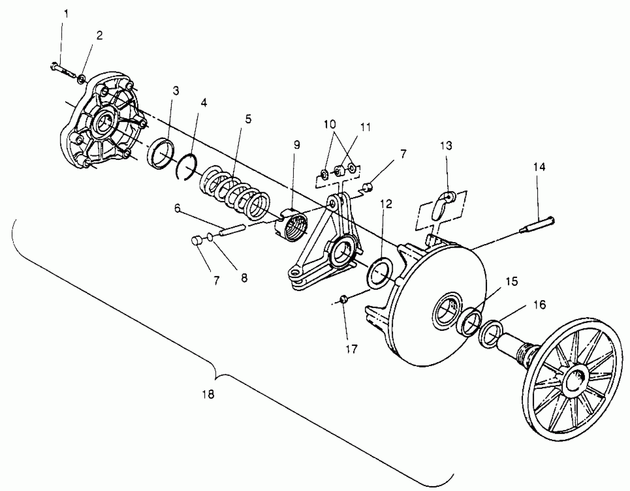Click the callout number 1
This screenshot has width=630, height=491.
click(x=66, y=14)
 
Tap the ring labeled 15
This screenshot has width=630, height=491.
click(x=469, y=322)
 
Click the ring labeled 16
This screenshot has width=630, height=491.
click(x=490, y=333)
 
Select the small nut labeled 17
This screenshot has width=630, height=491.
click(x=343, y=299)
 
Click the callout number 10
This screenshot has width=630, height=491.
click(x=330, y=124)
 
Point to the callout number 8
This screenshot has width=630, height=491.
click(x=244, y=278)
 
